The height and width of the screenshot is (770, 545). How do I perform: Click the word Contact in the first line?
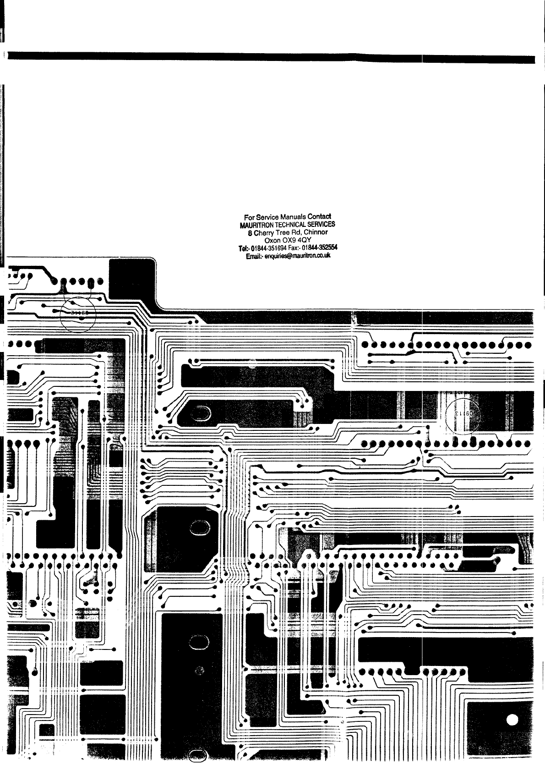coord(320,216)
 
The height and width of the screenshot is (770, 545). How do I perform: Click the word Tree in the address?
coord(288,233)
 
